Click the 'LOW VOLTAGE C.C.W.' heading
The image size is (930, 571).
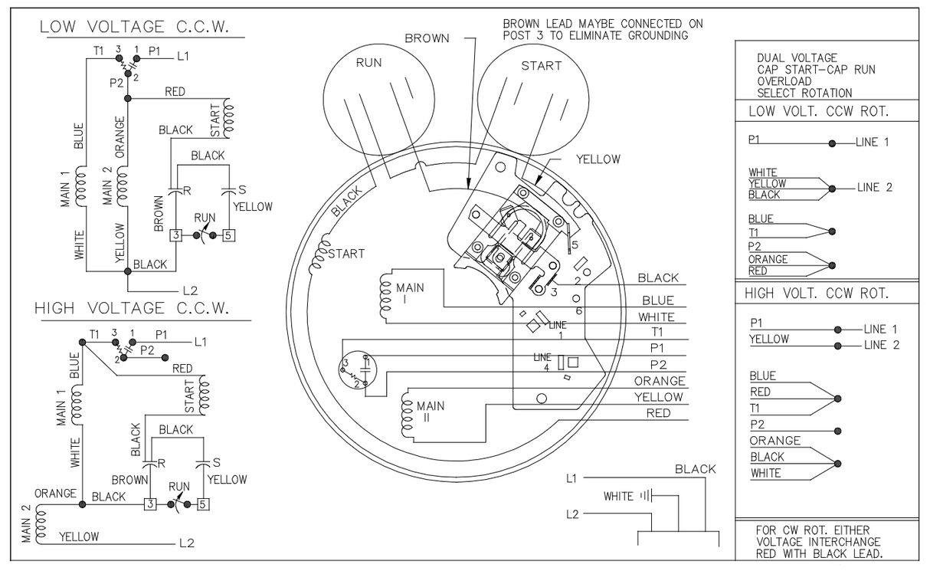click(134, 27)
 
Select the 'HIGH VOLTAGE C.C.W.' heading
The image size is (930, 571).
click(132, 309)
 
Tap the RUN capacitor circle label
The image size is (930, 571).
click(368, 63)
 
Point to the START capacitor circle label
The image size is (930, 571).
click(542, 66)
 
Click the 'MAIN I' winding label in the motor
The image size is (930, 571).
click(410, 294)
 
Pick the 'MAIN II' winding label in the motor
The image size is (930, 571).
click(430, 412)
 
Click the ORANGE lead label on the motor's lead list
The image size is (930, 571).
click(660, 381)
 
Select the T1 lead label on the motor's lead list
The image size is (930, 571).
click(657, 332)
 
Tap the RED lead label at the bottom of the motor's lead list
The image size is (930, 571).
click(659, 413)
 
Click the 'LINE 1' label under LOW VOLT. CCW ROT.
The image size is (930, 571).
click(873, 143)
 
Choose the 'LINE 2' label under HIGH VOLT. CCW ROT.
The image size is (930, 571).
click(882, 345)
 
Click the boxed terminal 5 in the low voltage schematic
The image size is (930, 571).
click(228, 235)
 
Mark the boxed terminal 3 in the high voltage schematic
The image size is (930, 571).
click(150, 504)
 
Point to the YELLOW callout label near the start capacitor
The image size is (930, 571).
click(598, 159)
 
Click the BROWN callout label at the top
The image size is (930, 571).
click(427, 38)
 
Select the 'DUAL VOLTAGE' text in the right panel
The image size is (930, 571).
click(797, 58)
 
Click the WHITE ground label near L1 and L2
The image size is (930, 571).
click(618, 497)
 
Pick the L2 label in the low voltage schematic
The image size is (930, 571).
click(190, 290)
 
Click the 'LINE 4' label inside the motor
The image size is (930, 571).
click(543, 363)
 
